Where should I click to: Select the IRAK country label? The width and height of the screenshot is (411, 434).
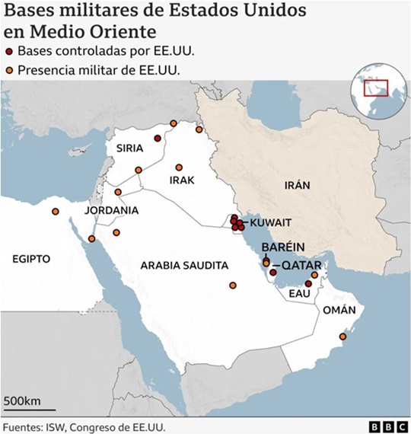click(x=182, y=180)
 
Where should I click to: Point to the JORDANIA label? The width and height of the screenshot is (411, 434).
click(x=111, y=210)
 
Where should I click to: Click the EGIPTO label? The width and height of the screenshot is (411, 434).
click(x=30, y=259)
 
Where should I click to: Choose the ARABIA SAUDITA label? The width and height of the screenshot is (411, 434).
click(x=184, y=266)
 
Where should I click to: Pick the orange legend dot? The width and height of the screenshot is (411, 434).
click(x=9, y=71)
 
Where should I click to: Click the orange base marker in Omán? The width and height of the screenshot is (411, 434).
click(x=342, y=336)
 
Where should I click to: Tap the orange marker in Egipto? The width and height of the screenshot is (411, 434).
click(x=55, y=212)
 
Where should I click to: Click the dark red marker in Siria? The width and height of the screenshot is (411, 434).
click(x=158, y=139)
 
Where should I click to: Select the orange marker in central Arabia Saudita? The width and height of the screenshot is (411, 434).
click(x=233, y=286)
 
